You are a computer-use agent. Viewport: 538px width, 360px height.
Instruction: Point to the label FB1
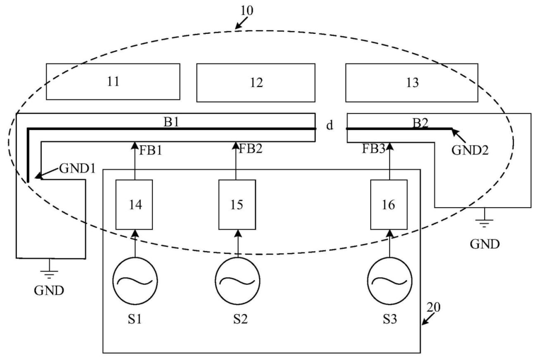pos(150,150)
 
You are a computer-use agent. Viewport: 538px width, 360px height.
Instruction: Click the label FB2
pos(251,148)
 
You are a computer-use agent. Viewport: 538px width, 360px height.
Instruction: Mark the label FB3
pos(374,149)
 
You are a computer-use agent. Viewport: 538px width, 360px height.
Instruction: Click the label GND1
pos(77,168)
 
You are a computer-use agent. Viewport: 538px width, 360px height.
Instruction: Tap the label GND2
pos(470,150)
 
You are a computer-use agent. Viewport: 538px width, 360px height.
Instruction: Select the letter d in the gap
pos(330,125)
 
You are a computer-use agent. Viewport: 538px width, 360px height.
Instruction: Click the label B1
pos(171,121)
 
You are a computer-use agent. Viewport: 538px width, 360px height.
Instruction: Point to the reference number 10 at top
pos(247,10)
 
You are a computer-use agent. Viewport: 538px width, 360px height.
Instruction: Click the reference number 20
pos(433,307)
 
